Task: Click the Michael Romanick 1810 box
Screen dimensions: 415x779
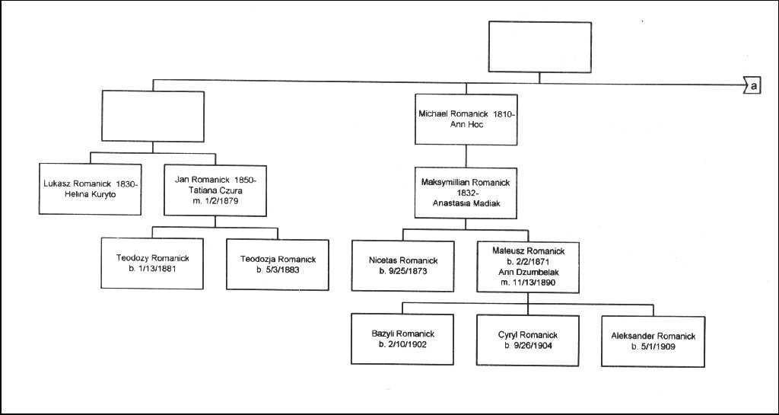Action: click(x=466, y=119)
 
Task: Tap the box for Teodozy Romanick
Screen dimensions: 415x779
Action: click(x=151, y=263)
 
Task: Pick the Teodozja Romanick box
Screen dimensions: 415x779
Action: click(x=277, y=263)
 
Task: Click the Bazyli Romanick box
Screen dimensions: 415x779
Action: click(x=402, y=340)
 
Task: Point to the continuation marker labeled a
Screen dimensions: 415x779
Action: click(x=752, y=86)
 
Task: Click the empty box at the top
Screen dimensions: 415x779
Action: click(x=539, y=46)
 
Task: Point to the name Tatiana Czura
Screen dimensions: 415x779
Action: click(x=215, y=190)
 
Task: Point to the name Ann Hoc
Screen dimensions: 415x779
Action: click(x=466, y=124)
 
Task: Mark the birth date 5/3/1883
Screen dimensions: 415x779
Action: click(x=277, y=270)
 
